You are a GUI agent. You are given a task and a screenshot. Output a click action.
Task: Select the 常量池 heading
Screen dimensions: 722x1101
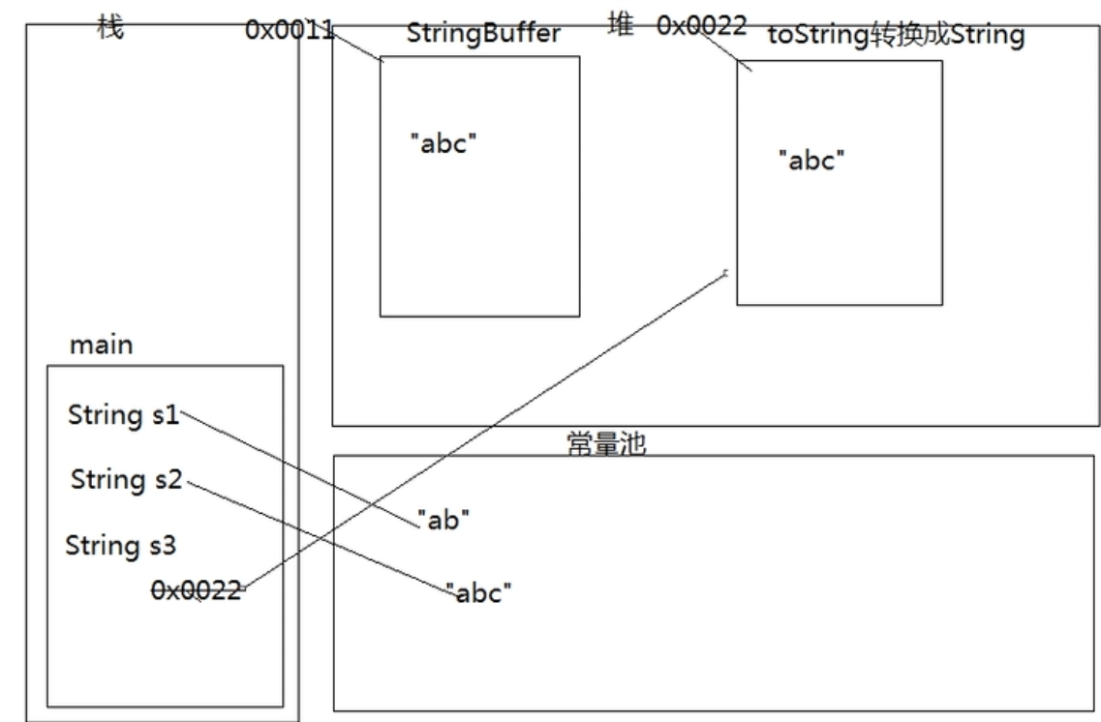pyautogui.click(x=605, y=444)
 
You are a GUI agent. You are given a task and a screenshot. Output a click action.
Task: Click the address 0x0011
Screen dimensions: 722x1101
pyautogui.click(x=289, y=30)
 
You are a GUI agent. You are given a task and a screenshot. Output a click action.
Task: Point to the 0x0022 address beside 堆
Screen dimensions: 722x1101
pyautogui.click(x=701, y=26)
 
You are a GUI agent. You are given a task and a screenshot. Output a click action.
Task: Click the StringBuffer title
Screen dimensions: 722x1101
pyautogui.click(x=483, y=34)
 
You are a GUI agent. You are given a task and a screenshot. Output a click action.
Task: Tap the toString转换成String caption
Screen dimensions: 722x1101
pyautogui.click(x=895, y=36)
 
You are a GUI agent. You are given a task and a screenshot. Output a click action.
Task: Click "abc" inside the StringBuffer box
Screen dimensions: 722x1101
pyautogui.click(x=443, y=143)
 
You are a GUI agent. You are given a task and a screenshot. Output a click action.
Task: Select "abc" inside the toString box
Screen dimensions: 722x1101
pyautogui.click(x=811, y=160)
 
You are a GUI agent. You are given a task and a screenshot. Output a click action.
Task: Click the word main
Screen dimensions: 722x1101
pyautogui.click(x=102, y=345)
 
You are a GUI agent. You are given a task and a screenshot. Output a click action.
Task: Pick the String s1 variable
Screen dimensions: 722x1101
pyautogui.click(x=123, y=415)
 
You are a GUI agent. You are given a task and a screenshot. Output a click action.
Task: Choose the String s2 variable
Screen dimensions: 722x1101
pyautogui.click(x=126, y=479)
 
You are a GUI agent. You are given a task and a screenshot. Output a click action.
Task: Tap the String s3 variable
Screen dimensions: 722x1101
pyautogui.click(x=120, y=545)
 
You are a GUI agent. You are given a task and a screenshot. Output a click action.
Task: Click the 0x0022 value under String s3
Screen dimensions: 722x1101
pyautogui.click(x=195, y=589)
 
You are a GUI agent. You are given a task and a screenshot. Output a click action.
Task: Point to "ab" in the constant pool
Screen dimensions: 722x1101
pyautogui.click(x=443, y=520)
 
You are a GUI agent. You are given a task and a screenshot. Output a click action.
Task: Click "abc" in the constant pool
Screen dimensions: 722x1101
pyautogui.click(x=478, y=592)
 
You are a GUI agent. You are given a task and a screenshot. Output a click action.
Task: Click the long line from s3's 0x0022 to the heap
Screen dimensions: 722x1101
pyautogui.click(x=484, y=431)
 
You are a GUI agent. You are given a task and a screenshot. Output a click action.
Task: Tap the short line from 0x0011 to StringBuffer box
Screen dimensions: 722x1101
pyautogui.click(x=357, y=45)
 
